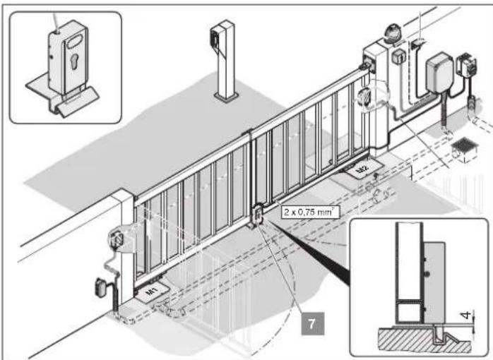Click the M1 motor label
pyautogui.click(x=152, y=292)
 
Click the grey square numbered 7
pyautogui.click(x=312, y=323)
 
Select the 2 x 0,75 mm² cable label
pyautogui.click(x=309, y=212)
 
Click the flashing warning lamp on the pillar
pyautogui.click(x=393, y=33)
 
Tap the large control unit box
pyautogui.click(x=440, y=71)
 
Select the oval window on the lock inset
pyautogui.click(x=77, y=40)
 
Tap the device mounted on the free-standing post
pyautogui.click(x=215, y=38)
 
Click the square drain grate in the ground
pyautogui.click(x=464, y=150)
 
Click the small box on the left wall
pyautogui.click(x=101, y=287)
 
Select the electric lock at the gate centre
pyautogui.click(x=257, y=215)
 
